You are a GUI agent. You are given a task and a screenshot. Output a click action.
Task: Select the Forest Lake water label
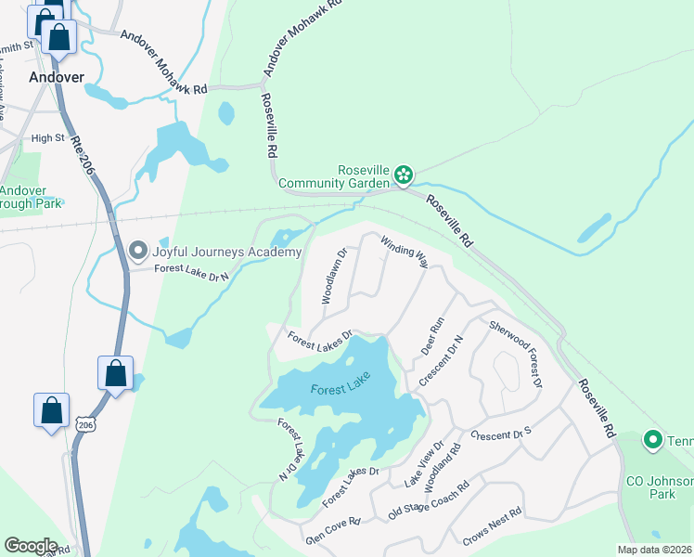point(334,390)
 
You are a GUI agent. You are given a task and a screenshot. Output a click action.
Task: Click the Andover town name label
point(56,77)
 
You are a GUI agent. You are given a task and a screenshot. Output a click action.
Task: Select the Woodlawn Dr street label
point(333,276)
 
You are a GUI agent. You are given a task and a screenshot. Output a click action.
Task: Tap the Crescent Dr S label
point(500,434)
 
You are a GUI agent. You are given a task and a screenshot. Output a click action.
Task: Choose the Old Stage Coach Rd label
point(429,499)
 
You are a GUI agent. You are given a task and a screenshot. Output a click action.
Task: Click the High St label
point(47,138)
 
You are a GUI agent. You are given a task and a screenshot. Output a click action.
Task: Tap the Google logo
point(31,546)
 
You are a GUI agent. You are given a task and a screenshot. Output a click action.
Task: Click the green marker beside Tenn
point(652,439)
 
